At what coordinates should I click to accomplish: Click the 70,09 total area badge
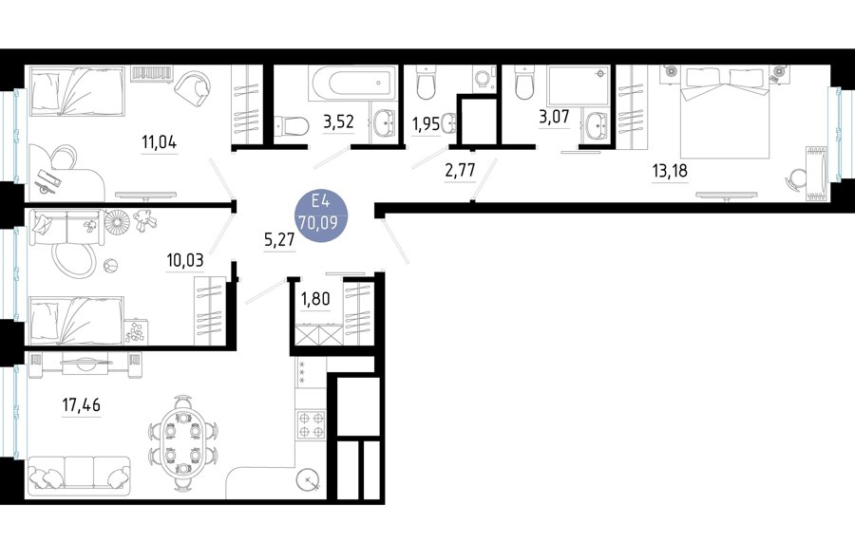coord(321,216)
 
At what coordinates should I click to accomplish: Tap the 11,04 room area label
coord(160,142)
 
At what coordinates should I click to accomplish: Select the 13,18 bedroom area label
coord(670,172)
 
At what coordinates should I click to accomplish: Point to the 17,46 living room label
coord(82,405)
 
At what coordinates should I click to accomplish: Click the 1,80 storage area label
coord(315,299)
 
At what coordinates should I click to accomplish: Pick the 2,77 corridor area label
coord(460,170)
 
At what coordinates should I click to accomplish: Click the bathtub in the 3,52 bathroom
coord(351,84)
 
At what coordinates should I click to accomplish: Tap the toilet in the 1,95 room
coord(426,83)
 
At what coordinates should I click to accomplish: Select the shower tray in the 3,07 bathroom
coord(578,85)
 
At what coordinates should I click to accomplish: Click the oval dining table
coord(182,438)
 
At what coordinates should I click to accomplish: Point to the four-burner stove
coord(311,424)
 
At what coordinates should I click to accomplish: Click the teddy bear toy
coord(145,219)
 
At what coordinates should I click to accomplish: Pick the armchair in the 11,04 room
coord(194,87)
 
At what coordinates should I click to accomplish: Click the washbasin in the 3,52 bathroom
coord(385,123)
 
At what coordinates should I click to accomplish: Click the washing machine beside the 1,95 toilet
coord(484,79)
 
